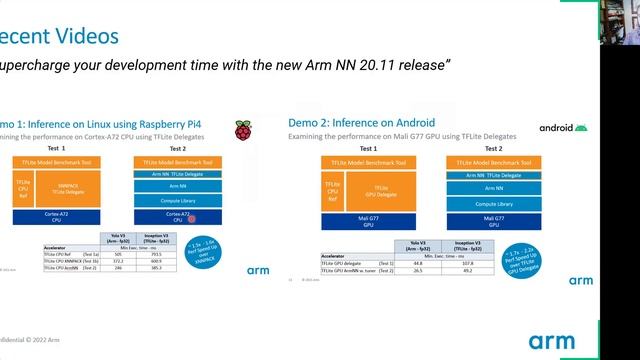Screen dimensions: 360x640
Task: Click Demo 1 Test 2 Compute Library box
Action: [x=178, y=199]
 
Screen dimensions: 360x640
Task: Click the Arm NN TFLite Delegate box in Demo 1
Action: [x=178, y=173]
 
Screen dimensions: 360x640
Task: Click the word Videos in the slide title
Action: [x=81, y=36]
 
